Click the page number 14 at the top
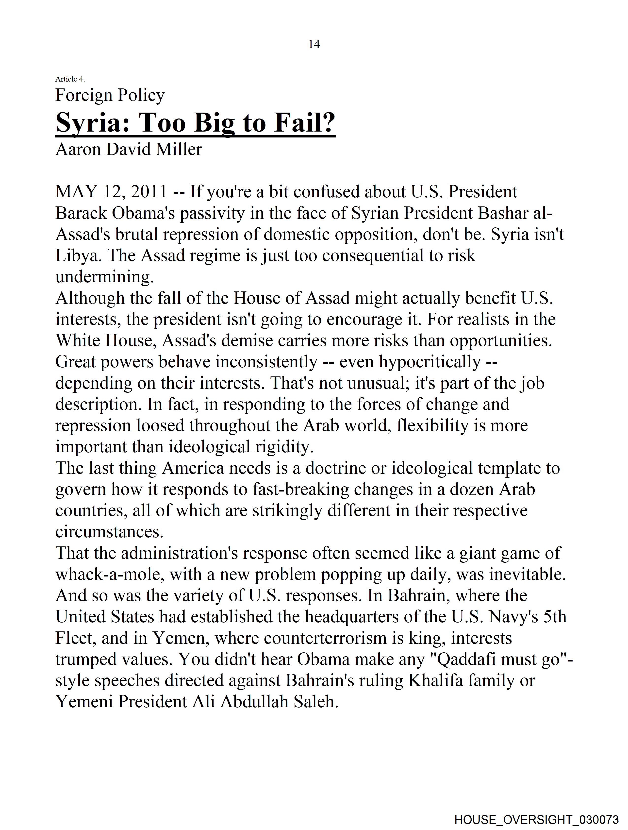(x=314, y=44)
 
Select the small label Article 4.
(x=70, y=79)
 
